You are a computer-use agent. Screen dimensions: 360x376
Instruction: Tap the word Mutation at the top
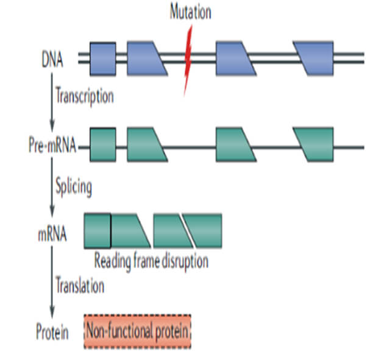190,12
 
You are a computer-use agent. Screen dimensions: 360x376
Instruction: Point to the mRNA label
51,233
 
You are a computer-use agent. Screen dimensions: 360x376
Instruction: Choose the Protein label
51,333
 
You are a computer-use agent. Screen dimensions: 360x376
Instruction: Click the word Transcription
84,96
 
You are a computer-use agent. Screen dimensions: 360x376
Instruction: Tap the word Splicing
74,186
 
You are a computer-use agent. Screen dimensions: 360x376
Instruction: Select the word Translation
80,285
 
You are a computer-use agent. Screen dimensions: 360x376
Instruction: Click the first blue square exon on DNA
102,58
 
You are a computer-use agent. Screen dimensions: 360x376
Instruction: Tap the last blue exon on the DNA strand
314,58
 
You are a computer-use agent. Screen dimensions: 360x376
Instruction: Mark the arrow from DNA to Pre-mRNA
52,104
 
